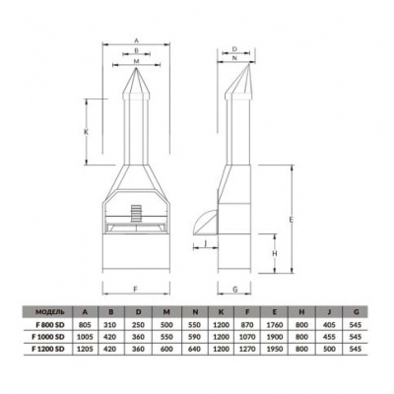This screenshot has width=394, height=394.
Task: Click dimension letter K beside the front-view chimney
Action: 88,131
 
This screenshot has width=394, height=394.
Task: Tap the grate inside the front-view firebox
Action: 135,214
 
